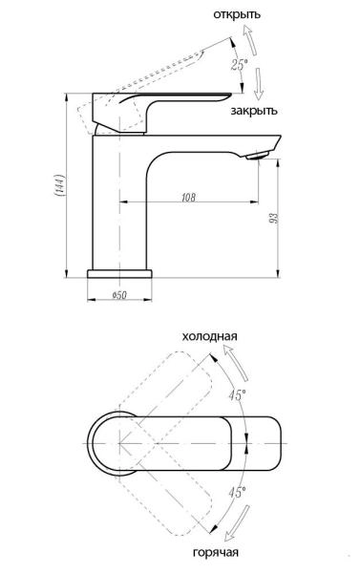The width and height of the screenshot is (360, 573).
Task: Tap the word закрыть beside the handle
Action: point(254,112)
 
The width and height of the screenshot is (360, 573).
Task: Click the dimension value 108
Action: point(188,197)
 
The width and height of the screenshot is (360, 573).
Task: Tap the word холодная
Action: point(209,337)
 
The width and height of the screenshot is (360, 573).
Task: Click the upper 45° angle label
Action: point(236,393)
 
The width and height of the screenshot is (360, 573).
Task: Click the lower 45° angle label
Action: point(236,490)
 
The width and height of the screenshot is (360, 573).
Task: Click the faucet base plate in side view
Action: point(120,274)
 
